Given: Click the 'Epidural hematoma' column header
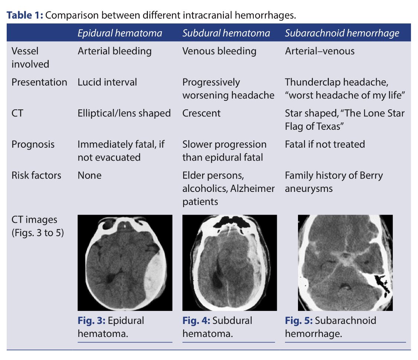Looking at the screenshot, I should (120, 33).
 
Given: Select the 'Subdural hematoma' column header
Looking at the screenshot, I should (226, 33).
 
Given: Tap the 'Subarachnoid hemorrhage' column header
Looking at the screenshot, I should (342, 33).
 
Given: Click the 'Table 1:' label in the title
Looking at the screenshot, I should (25, 15).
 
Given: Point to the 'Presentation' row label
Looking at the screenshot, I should (39, 82).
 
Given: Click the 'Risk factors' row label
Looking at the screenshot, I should (36, 175).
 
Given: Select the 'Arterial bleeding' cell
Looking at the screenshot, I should (114, 51).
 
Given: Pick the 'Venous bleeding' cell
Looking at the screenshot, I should (219, 51).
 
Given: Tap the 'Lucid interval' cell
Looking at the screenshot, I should (107, 82).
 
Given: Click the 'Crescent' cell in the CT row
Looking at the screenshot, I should (201, 113).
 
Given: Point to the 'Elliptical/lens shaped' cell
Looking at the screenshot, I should (124, 113).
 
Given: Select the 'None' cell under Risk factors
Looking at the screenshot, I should (89, 175).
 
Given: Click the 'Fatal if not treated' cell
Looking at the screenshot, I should (325, 144).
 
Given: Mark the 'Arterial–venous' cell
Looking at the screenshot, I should (320, 51).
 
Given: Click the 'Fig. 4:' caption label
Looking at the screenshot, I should (195, 321).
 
